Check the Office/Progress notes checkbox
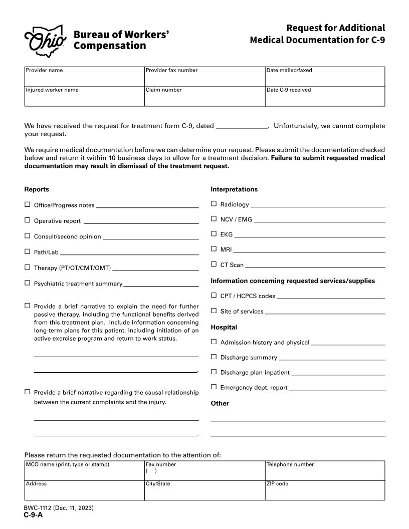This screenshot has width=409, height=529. (28, 204)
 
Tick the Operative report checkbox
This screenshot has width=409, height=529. (28, 220)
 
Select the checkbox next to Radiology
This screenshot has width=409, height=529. (214, 204)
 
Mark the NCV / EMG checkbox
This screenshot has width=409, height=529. (214, 218)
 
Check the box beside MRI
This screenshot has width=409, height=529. (214, 248)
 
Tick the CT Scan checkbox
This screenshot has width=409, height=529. (214, 264)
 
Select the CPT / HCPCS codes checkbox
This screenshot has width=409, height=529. (214, 295)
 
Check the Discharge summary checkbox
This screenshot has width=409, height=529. (214, 357)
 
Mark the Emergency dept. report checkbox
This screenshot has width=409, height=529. (214, 387)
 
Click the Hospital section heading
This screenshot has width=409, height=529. (224, 327)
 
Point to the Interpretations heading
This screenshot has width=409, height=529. (234, 189)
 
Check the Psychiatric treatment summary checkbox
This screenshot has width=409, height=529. (28, 283)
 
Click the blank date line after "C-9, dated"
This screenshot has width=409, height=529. (242, 126)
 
